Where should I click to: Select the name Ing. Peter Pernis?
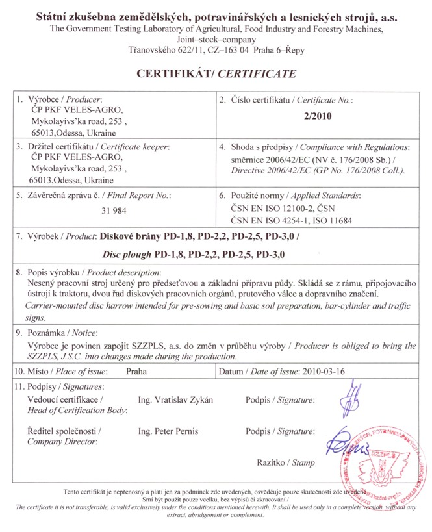[x=168, y=431]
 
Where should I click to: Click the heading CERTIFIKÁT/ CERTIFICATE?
[x=216, y=74]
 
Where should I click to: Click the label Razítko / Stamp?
[x=286, y=463]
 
